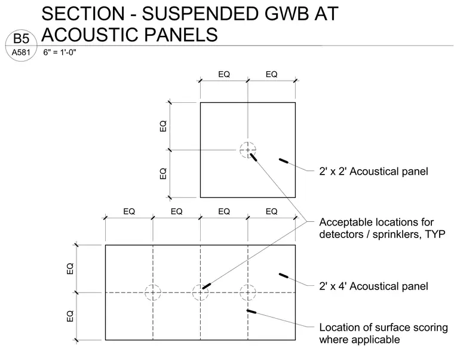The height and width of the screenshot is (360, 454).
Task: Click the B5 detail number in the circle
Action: [x=21, y=39]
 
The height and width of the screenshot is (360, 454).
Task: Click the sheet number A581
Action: [x=21, y=53]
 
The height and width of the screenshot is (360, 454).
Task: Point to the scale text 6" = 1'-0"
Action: [x=60, y=52]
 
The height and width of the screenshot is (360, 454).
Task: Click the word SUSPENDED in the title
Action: [x=200, y=14]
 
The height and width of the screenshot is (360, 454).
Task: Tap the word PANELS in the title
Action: [x=180, y=35]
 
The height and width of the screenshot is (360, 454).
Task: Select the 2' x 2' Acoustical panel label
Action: [x=373, y=171]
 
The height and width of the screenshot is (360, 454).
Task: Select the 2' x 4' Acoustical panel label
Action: [x=373, y=286]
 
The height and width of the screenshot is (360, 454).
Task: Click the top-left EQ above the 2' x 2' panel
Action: [x=224, y=74]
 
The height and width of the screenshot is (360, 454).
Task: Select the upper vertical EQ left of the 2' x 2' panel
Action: [x=163, y=126]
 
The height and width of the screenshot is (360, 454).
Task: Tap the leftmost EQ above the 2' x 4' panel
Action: [x=129, y=211]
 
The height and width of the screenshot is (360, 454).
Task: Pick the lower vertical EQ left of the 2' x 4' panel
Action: [x=70, y=316]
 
